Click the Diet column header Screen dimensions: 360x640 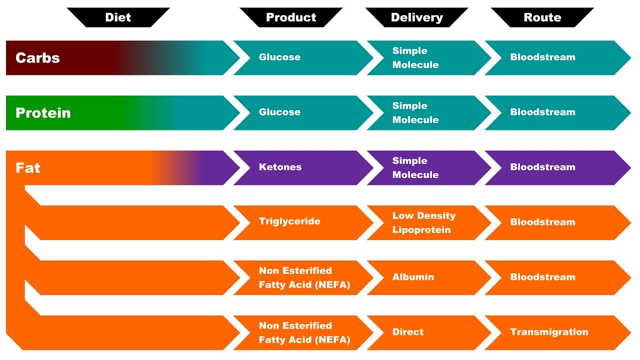[118, 18]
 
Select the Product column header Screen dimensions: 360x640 [291, 18]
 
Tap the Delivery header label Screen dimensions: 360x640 [417, 18]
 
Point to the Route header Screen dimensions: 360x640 [542, 18]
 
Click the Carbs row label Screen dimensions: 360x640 [38, 58]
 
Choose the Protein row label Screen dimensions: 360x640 [43, 113]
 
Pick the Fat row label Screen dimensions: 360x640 [28, 168]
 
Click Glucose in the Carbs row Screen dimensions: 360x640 [280, 57]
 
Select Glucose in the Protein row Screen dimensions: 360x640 [280, 112]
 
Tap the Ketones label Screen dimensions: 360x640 [280, 167]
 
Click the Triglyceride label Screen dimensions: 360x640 [290, 221]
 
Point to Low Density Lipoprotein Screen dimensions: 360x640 [424, 223]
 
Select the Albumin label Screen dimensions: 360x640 [413, 277]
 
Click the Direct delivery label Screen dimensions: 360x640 [408, 332]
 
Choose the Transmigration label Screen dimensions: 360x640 [549, 332]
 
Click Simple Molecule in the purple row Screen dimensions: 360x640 [415, 168]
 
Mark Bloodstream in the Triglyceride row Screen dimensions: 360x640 [542, 222]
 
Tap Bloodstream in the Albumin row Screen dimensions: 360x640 [542, 277]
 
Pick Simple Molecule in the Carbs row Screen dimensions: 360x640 [415, 58]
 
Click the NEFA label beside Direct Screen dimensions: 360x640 [304, 333]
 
